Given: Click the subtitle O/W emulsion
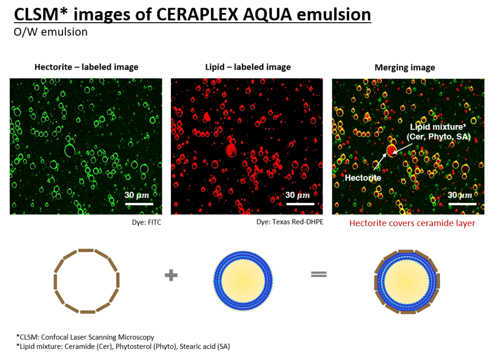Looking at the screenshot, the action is tap(50, 32).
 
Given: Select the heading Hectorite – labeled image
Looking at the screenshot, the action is tap(86, 67).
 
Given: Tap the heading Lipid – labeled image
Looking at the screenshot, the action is tap(248, 67).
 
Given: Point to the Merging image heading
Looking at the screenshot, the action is tap(404, 68).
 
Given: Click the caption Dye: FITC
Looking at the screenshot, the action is tap(146, 222).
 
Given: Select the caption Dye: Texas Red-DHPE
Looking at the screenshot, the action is tap(290, 222).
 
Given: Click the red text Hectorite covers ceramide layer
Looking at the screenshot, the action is tap(412, 223).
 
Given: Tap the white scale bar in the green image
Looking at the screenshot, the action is tap(139, 204).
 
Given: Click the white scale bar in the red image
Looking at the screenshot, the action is tap(300, 204).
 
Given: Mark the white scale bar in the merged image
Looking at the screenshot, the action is tap(463, 204).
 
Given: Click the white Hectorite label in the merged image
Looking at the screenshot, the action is tap(363, 178).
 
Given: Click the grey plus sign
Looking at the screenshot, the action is tap(171, 275).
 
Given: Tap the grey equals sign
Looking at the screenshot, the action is tap(319, 274).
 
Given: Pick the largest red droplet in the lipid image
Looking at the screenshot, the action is tap(232, 150).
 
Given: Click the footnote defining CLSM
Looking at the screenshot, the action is tap(85, 337).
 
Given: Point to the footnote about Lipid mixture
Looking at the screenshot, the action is tap(123, 346).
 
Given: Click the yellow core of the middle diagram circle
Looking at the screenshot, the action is tap(243, 281).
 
